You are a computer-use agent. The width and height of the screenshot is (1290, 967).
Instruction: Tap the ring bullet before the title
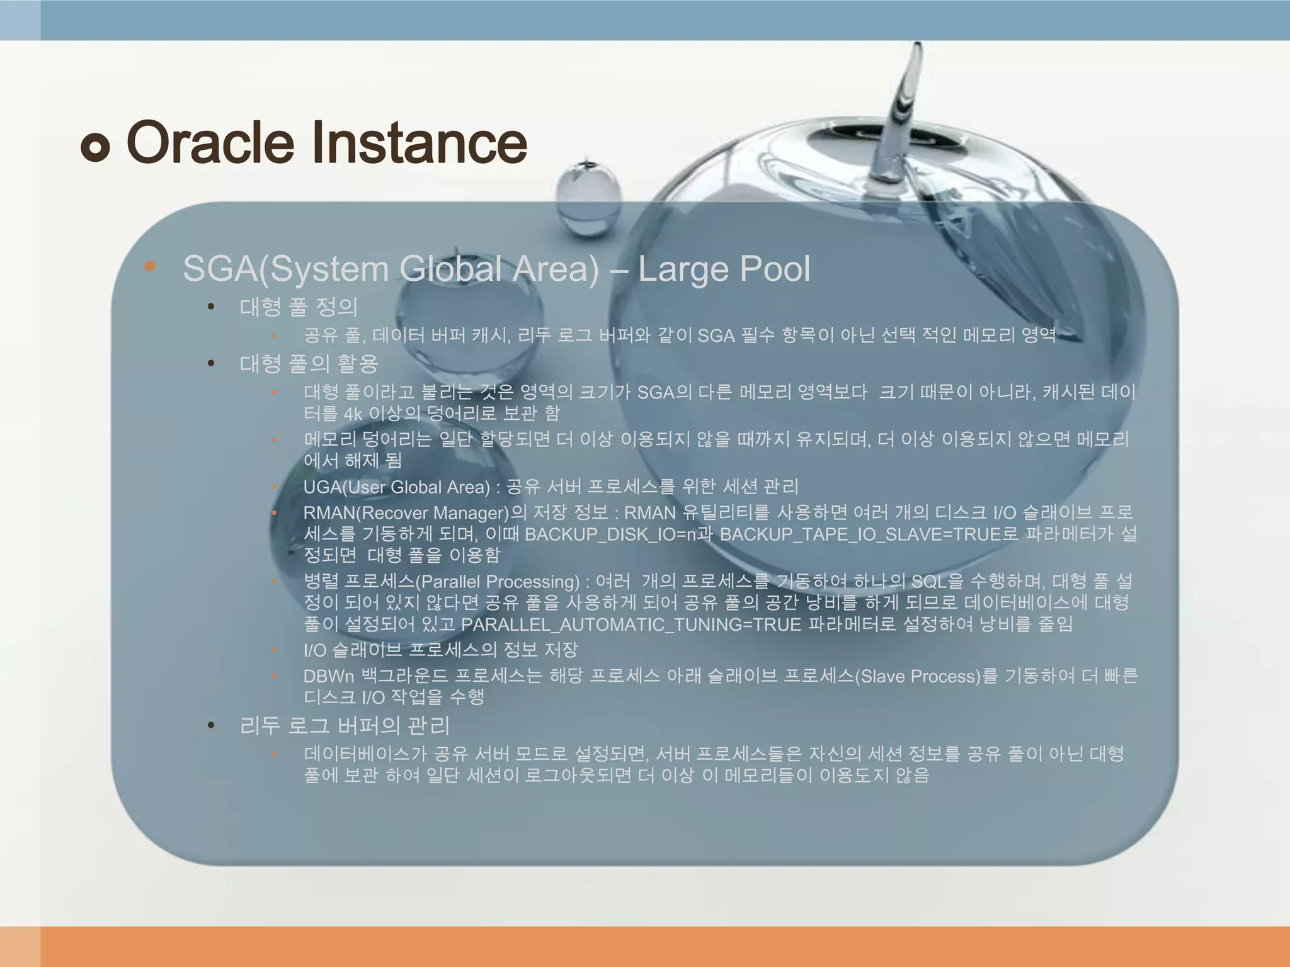pos(95,148)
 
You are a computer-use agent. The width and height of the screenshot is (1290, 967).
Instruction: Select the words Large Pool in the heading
pos(724,269)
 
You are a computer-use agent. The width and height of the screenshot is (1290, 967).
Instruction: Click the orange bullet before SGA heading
pos(149,266)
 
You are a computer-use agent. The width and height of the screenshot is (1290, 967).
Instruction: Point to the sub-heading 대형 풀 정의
pos(299,307)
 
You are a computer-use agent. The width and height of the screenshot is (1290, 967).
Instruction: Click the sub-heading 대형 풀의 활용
pos(309,363)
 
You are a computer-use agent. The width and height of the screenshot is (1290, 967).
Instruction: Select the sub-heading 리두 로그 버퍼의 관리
pos(345,726)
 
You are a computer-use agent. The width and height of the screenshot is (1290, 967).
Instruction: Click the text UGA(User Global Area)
pos(396,487)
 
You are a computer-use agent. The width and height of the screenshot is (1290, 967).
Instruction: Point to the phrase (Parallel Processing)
pos(498,581)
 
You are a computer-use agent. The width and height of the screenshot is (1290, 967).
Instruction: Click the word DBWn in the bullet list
pos(329,676)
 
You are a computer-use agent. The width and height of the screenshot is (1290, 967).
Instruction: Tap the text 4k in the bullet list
pos(353,414)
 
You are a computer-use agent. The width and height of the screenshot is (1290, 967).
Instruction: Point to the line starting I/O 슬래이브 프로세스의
pos(440,650)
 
